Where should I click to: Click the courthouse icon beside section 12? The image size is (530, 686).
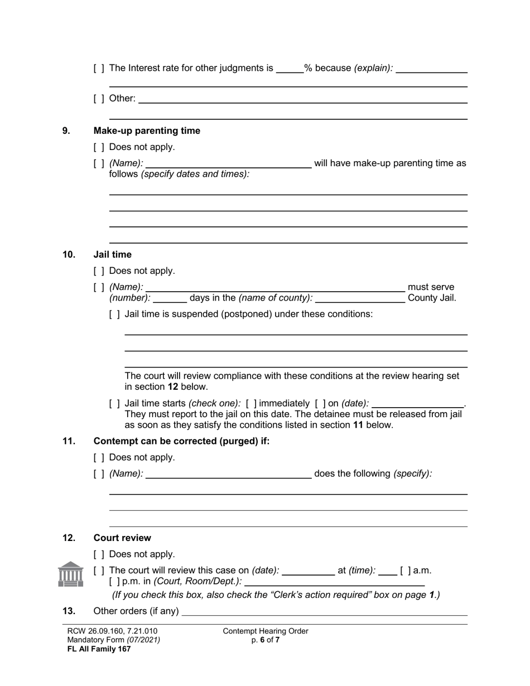[70, 574]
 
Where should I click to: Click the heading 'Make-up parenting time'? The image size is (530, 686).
[147, 131]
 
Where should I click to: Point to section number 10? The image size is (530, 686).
[69, 255]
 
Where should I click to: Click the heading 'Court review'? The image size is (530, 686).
[122, 538]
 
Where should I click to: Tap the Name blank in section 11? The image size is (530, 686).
[228, 474]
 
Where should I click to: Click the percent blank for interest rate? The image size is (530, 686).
[290, 69]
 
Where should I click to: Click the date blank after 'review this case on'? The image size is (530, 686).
[309, 571]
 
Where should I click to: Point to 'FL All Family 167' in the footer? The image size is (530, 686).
[99, 649]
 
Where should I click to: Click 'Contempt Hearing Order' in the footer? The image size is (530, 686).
[265, 631]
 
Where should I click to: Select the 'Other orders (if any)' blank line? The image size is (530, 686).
[325, 612]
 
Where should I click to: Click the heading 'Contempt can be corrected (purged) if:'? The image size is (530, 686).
[181, 442]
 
